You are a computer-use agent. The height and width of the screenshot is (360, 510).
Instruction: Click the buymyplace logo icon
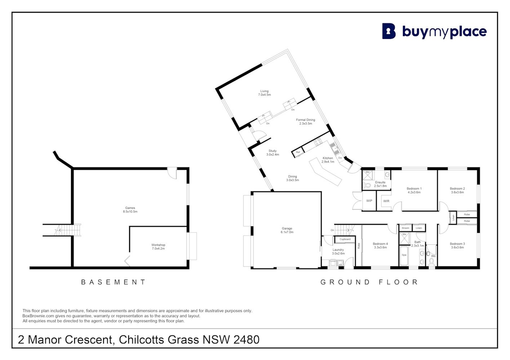[x=389, y=31]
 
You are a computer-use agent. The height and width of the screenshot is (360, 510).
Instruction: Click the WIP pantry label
[x=369, y=201]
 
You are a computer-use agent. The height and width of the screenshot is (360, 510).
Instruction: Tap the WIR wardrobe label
[x=386, y=201]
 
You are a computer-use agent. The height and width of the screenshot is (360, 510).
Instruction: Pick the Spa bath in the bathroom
[x=404, y=255]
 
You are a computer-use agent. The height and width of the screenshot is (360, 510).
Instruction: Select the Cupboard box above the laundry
[x=345, y=239]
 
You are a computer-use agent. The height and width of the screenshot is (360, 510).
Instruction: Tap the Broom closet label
[x=405, y=228]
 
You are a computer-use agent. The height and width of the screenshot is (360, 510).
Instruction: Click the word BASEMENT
[x=113, y=282]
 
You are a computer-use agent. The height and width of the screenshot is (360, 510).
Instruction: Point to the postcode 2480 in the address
[x=246, y=339]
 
